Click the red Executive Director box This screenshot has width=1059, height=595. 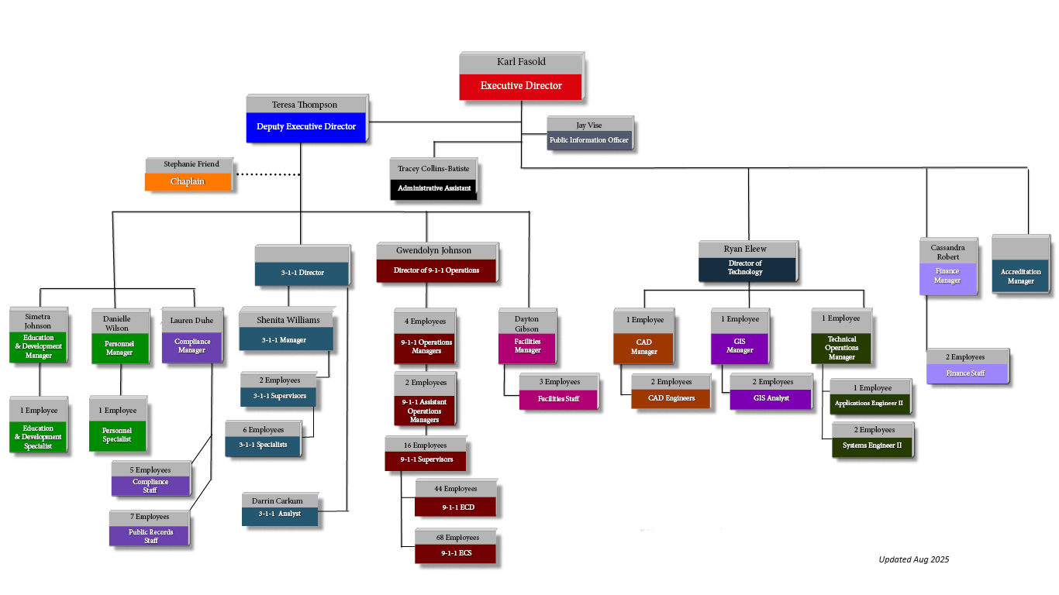[x=521, y=86]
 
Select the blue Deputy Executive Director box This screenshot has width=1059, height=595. [x=306, y=127]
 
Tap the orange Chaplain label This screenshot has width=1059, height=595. [x=188, y=181]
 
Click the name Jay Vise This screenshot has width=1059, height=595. [x=588, y=125]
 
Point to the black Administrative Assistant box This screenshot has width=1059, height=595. [x=434, y=188]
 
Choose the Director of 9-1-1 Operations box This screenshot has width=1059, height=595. [x=436, y=270]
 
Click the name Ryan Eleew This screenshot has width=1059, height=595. [x=745, y=249]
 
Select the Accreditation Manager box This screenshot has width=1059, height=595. [x=1020, y=277]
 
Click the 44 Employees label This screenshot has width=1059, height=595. [x=455, y=488]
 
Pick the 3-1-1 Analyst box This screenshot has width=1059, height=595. [x=279, y=514]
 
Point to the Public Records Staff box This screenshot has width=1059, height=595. [x=150, y=536]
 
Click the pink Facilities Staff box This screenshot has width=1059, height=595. [x=558, y=399]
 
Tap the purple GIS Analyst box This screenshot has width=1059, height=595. [x=771, y=398]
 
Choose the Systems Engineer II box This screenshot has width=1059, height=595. [x=872, y=445]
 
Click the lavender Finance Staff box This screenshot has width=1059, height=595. [x=967, y=373]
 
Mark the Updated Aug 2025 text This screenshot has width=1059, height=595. [x=913, y=559]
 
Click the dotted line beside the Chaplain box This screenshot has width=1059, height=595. [x=267, y=174]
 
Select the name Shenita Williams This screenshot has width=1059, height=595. [x=288, y=319]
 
